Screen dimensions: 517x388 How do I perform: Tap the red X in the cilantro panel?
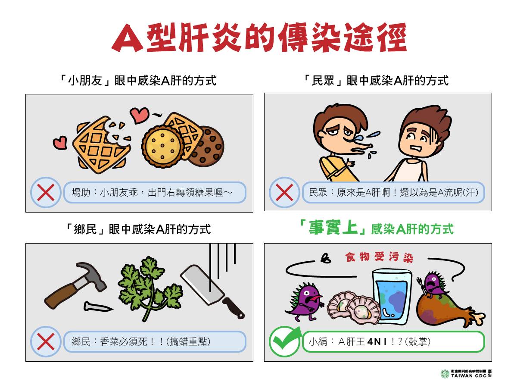click(46, 341)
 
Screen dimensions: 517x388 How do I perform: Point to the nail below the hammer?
click(98, 307)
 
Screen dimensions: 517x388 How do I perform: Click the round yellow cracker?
click(162, 146)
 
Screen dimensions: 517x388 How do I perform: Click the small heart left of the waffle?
click(60, 143)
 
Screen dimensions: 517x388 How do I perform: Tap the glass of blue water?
click(392, 297)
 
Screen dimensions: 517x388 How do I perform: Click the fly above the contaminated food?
click(326, 258)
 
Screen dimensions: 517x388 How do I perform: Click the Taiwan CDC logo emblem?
click(445, 374)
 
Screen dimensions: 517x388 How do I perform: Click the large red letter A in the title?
click(128, 38)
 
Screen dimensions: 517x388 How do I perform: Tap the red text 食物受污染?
click(379, 257)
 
